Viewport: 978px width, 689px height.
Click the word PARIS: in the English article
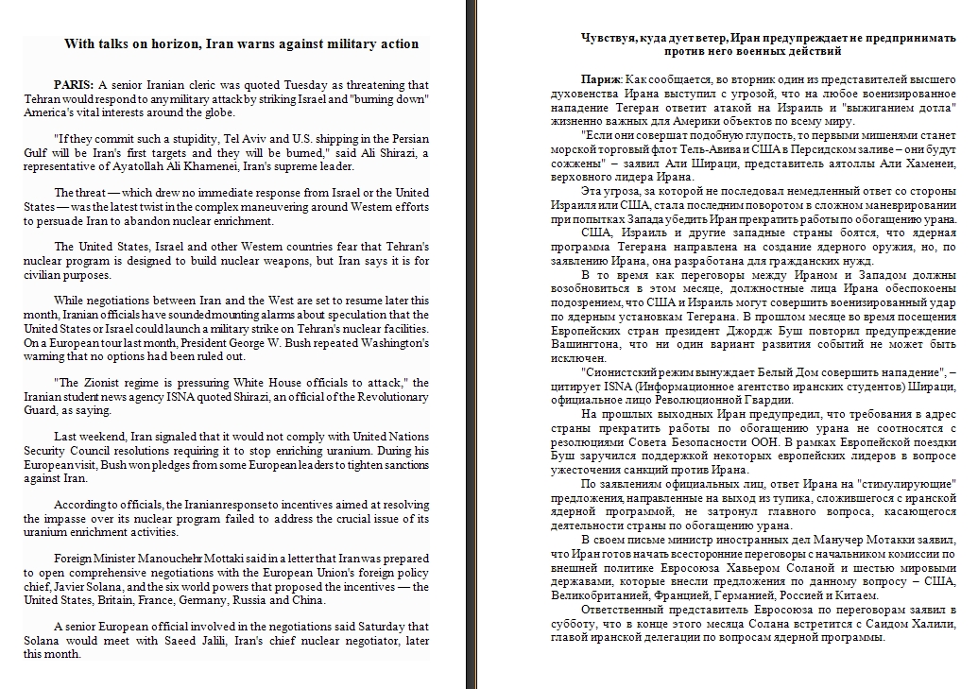74,85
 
